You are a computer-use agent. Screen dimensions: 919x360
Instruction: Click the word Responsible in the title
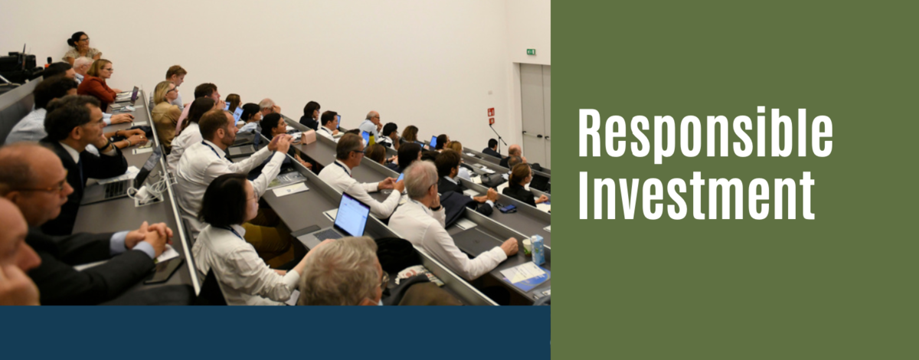pos(705,135)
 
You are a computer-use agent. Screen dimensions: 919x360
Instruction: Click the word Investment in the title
pos(696,195)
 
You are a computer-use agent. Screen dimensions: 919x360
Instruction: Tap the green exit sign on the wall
pos(531,52)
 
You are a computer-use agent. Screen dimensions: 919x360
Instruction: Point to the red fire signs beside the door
pos(491,116)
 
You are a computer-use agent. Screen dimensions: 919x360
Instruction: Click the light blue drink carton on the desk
pos(538,250)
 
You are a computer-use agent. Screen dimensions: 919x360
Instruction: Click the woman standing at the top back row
pos(81,47)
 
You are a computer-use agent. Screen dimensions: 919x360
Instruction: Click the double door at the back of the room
pos(535,115)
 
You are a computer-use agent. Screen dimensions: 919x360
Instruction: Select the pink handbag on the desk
pos(308,136)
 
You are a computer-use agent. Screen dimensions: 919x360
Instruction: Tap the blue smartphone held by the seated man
pos(400,178)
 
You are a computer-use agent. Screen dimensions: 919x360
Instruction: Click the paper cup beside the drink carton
pos(527,247)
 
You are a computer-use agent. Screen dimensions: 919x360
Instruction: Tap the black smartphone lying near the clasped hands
pos(164,270)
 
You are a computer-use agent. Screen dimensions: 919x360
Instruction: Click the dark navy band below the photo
pos(275,332)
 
